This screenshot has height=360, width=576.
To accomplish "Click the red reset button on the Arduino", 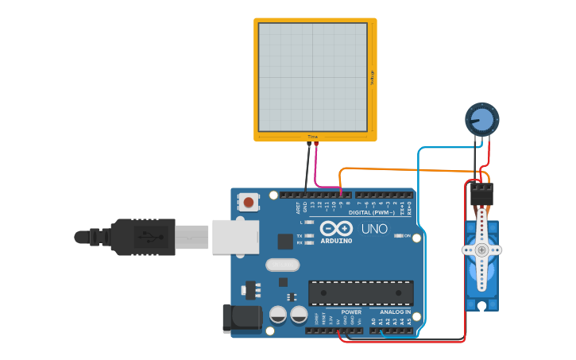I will pyautogui.click(x=249, y=203).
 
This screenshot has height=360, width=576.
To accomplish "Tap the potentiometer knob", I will pyautogui.click(x=481, y=119).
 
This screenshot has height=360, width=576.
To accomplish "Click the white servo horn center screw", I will pyautogui.click(x=481, y=250).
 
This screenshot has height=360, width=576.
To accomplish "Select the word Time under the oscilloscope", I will pyautogui.click(x=312, y=137).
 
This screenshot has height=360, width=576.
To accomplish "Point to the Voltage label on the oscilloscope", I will pyautogui.click(x=372, y=77).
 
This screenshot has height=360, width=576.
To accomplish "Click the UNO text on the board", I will pyautogui.click(x=374, y=229).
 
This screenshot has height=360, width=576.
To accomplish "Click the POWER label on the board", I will pyautogui.click(x=350, y=312).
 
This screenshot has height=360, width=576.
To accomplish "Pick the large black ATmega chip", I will pyautogui.click(x=361, y=292).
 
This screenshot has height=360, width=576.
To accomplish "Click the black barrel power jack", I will pyautogui.click(x=242, y=318).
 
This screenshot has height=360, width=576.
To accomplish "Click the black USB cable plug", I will pyautogui.click(x=143, y=237).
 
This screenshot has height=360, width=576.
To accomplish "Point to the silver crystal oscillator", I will pyautogui.click(x=282, y=265).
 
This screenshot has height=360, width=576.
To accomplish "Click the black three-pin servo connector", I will pyautogui.click(x=481, y=194).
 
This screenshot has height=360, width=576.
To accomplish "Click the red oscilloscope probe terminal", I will pyautogui.click(x=315, y=145).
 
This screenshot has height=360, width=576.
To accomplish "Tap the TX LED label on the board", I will pyautogui.click(x=300, y=236).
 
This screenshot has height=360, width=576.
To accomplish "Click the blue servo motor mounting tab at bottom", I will pyautogui.click(x=481, y=304).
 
